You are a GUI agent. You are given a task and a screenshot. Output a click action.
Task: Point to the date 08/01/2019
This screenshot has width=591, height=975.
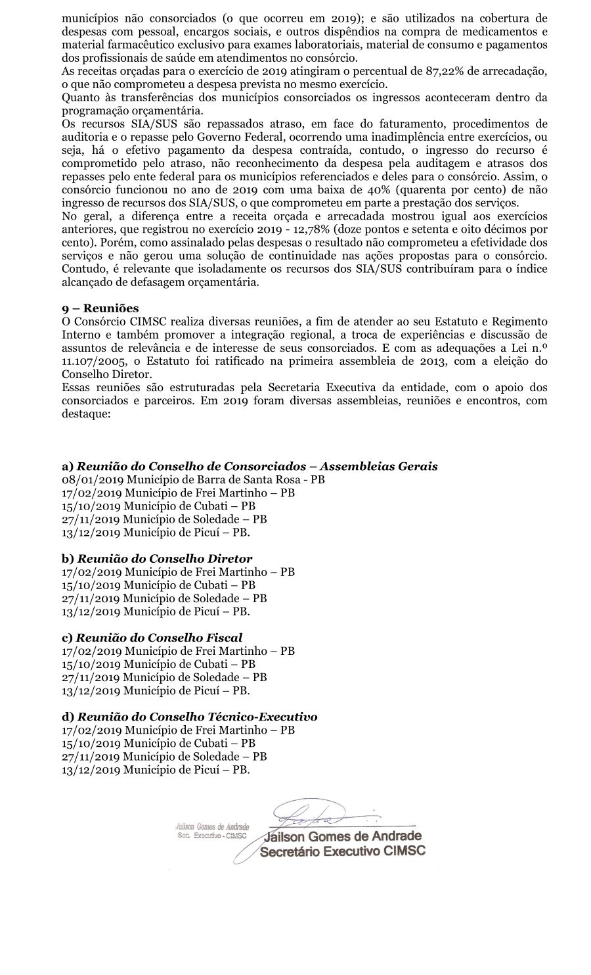tap(93, 479)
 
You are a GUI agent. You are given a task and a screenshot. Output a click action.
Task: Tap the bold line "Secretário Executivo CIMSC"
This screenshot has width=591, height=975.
tap(343, 851)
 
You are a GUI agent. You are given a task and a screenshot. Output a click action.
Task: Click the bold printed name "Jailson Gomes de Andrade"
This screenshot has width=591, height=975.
tap(343, 837)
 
